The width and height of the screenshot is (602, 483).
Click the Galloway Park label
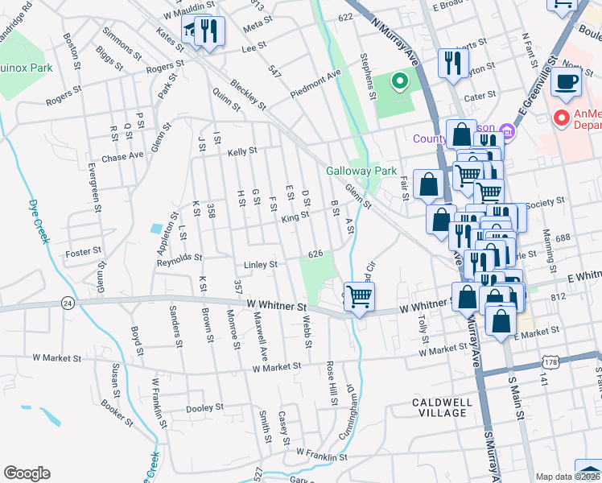pos(361,171)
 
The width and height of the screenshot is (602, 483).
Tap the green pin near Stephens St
pos(398,81)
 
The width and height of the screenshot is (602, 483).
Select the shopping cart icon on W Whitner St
pos(359,296)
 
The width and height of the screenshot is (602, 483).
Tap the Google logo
pos(27,473)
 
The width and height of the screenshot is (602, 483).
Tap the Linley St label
pos(261,264)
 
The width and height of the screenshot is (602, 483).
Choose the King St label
pos(295,217)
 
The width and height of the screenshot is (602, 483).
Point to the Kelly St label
pos(241,151)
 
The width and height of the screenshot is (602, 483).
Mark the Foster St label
pos(84,251)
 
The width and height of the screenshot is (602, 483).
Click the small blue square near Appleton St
pos(155,229)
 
